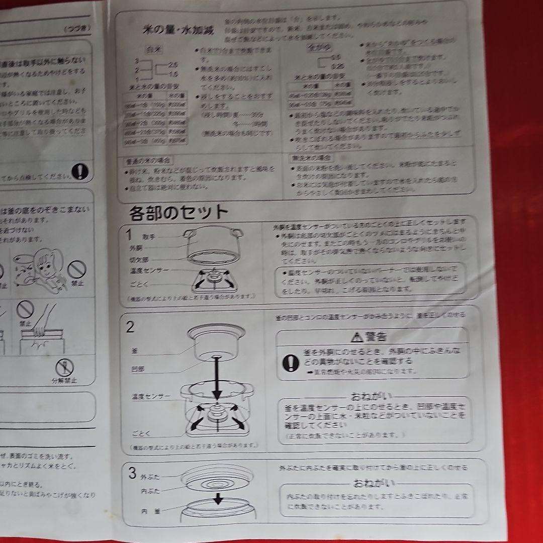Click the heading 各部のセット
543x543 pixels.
pos(178,213)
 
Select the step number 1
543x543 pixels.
pos(129,234)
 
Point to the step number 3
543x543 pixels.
pos(132,473)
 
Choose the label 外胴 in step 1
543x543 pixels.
pos(136,248)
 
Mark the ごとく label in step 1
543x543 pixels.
pos(137,284)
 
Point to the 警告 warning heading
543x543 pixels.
pos(375,337)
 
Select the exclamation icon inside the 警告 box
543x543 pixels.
pos(290,363)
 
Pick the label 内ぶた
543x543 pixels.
pos(150,491)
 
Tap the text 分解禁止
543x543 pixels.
pos(64,380)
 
